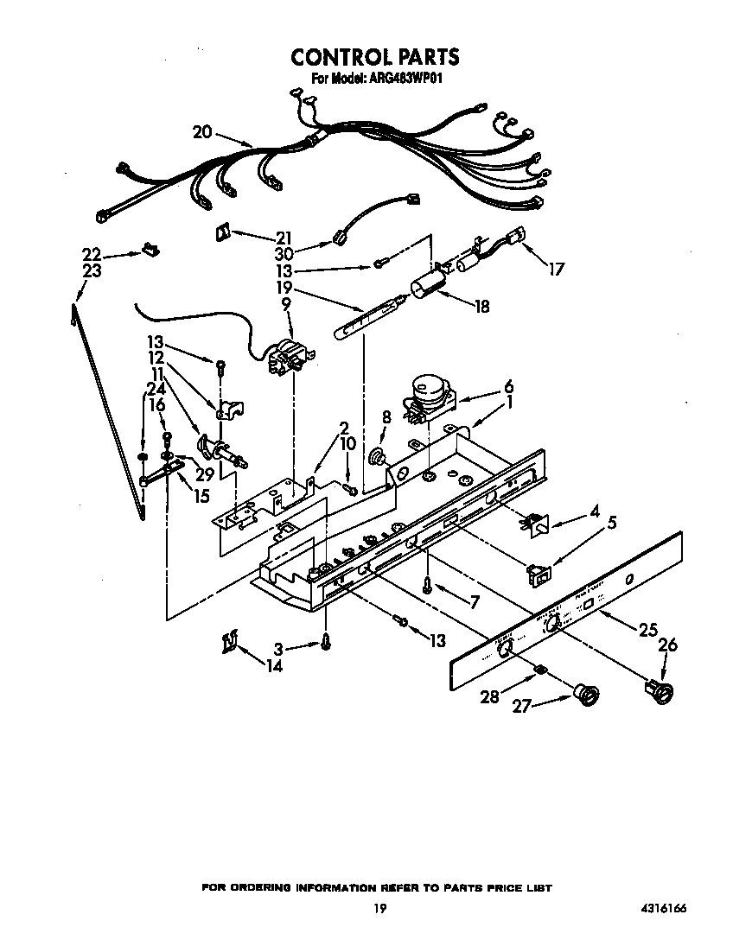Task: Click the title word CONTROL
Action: pyautogui.click(x=333, y=57)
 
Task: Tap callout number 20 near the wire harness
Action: pyautogui.click(x=201, y=132)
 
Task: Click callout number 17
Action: pyautogui.click(x=556, y=270)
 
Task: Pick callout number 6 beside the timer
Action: pyautogui.click(x=509, y=385)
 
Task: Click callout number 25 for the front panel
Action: pyautogui.click(x=648, y=632)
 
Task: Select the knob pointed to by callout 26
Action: pyautogui.click(x=660, y=689)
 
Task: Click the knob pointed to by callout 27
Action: pyautogui.click(x=587, y=693)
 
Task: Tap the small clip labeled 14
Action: pyautogui.click(x=229, y=642)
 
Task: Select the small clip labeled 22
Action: pyautogui.click(x=149, y=251)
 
